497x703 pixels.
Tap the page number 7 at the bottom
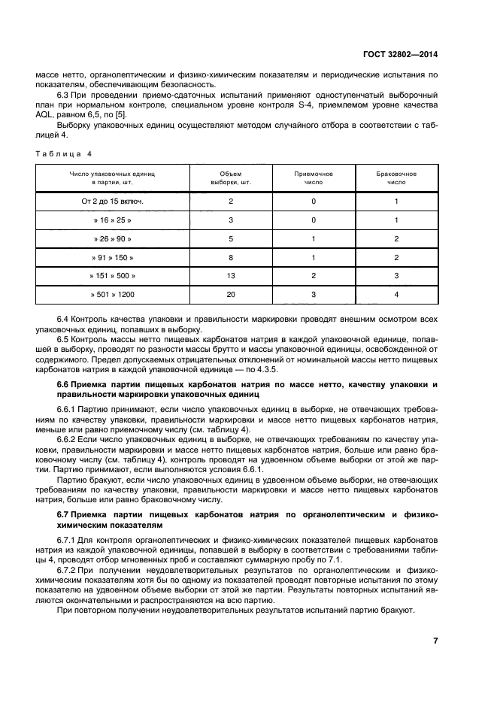435,641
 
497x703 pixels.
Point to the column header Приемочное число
313,177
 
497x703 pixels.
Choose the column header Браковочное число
396,177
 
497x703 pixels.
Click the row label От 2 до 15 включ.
112,202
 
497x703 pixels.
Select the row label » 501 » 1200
112,295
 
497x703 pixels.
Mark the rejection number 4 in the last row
396,295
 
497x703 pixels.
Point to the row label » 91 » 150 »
112,257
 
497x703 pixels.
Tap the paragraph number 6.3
64,95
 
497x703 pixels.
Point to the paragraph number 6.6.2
68,438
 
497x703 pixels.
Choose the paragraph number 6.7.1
68,540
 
